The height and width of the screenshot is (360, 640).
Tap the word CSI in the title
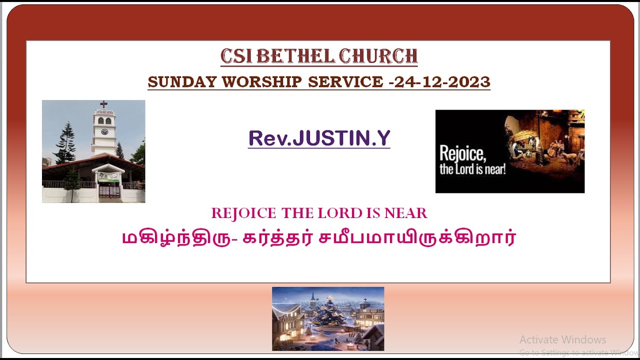236,56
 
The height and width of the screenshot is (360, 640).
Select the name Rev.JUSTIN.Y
319,138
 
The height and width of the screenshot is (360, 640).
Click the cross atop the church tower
103,104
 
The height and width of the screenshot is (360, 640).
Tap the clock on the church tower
104,131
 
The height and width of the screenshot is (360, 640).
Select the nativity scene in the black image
540,142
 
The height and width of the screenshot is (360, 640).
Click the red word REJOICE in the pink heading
243,213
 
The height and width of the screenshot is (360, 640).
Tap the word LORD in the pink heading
335,213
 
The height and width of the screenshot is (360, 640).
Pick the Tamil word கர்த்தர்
275,237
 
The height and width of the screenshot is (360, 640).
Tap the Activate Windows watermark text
562,340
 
